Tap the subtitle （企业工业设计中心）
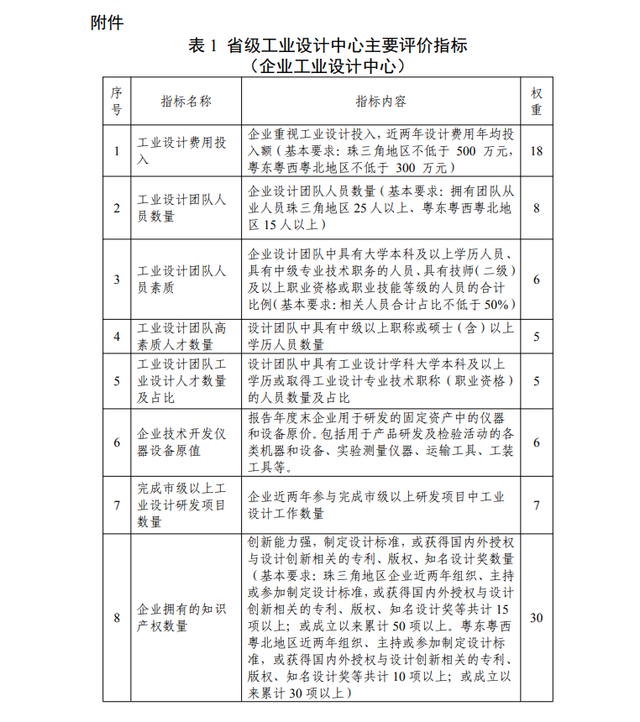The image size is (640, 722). [328, 65]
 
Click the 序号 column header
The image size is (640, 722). [117, 101]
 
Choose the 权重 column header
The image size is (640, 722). [537, 101]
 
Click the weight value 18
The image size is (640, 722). [537, 151]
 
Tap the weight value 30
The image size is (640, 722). [537, 619]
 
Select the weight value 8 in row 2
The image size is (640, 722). [537, 208]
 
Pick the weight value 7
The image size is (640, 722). [537, 505]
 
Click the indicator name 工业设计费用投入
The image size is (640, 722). [182, 151]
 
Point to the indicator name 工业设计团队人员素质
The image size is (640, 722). [182, 280]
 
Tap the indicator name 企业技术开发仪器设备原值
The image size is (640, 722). [182, 442]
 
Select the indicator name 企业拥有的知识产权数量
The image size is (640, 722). [182, 619]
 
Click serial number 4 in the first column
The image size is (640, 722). [117, 337]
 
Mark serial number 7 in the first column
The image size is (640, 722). [117, 505]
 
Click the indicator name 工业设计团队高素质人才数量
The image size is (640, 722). [182, 337]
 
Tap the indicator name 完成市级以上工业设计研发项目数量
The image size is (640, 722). [182, 505]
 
